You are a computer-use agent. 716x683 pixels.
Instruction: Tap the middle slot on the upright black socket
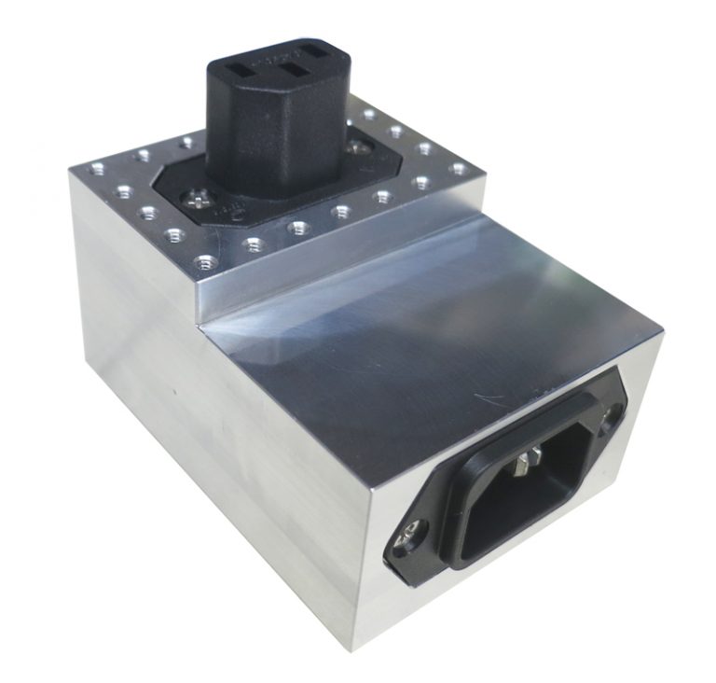coord(294,69)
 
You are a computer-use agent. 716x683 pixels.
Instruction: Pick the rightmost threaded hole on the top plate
coord(458,169)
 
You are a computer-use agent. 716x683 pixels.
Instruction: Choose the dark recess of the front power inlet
coord(503,504)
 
